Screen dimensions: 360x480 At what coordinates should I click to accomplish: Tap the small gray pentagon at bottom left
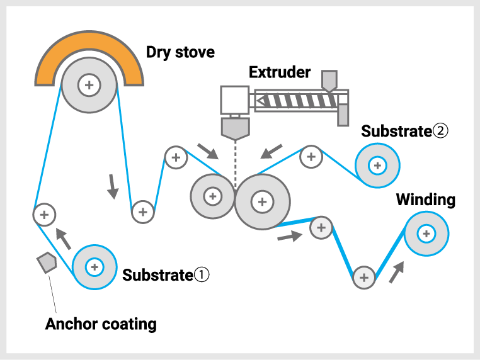pyautogui.click(x=47, y=262)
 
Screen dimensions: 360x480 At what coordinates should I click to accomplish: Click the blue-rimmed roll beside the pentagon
pyautogui.click(x=94, y=267)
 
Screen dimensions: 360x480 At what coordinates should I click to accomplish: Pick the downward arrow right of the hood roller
pyautogui.click(x=112, y=186)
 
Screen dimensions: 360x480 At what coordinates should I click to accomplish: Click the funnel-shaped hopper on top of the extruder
pyautogui.click(x=329, y=81)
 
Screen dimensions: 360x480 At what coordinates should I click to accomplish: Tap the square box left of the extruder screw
pyautogui.click(x=234, y=99)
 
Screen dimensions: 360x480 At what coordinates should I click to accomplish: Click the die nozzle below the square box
pyautogui.click(x=235, y=128)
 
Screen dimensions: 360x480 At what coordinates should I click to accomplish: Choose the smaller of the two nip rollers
pyautogui.click(x=212, y=196)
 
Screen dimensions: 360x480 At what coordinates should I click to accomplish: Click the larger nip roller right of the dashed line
pyautogui.click(x=262, y=202)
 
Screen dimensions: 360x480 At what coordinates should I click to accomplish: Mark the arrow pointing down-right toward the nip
pyautogui.click(x=207, y=151)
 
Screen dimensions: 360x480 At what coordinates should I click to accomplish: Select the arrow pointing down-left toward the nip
pyautogui.click(x=271, y=151)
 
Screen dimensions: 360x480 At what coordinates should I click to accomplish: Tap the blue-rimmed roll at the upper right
pyautogui.click(x=377, y=166)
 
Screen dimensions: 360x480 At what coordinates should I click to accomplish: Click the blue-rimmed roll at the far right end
pyautogui.click(x=426, y=233)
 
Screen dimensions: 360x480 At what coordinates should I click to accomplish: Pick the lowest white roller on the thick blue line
pyautogui.click(x=363, y=278)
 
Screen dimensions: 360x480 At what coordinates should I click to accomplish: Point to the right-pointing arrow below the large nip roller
pyautogui.click(x=290, y=237)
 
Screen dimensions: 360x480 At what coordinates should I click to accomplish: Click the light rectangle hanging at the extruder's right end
pyautogui.click(x=343, y=115)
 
